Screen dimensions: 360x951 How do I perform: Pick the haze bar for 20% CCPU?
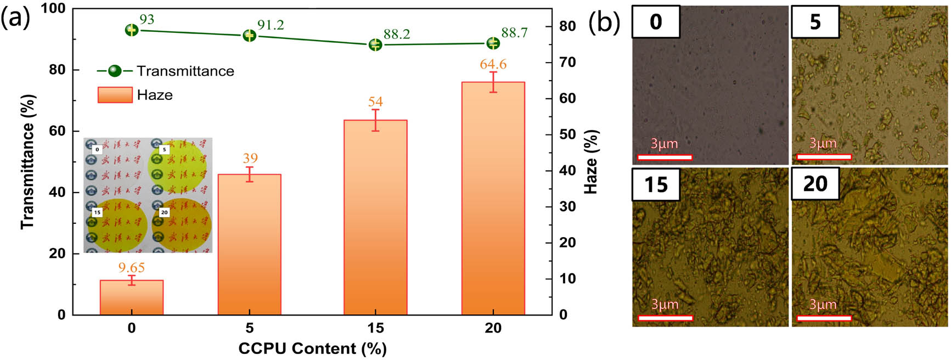(x=493, y=198)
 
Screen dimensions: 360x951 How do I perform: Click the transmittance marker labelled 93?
(x=132, y=30)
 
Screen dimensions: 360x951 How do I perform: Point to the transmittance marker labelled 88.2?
(x=375, y=44)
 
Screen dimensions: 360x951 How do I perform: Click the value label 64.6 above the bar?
(x=493, y=64)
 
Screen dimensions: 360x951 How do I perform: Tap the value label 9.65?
(x=132, y=268)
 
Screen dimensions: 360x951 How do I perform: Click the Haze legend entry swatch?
(x=115, y=95)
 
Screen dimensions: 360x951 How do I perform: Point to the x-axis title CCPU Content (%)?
(x=312, y=348)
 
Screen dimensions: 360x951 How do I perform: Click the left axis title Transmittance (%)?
(x=27, y=162)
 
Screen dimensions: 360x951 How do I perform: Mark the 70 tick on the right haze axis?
(x=567, y=62)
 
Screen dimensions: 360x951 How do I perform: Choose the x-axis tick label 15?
(x=375, y=328)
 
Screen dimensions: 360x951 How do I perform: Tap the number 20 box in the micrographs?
(x=815, y=184)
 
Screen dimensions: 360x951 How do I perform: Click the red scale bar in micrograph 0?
(x=665, y=157)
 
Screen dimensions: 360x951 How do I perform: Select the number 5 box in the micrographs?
(x=815, y=22)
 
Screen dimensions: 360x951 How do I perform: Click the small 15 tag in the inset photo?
(x=97, y=212)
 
